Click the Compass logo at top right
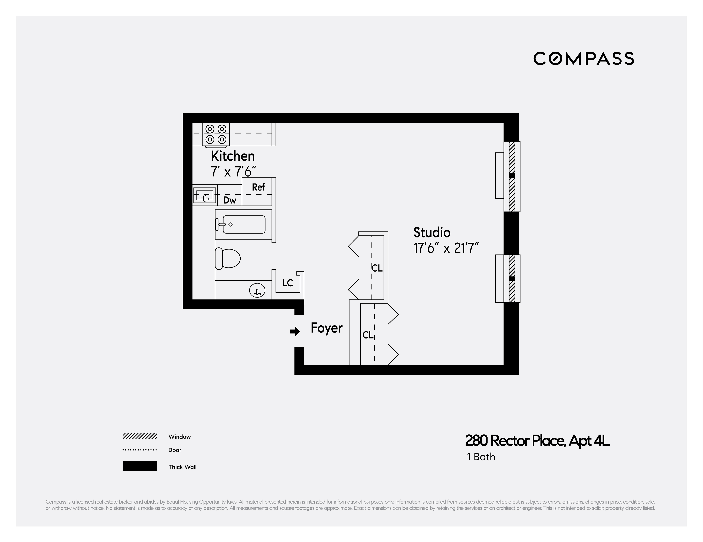point(583,59)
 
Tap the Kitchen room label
point(233,156)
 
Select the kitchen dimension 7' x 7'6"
point(233,172)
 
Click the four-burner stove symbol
point(216,134)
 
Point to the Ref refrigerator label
point(259,187)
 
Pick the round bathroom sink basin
point(257,291)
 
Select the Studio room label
point(432,232)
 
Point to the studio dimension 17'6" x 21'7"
point(446,248)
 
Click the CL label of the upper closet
point(377,268)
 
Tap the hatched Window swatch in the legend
point(140,436)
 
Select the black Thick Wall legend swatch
point(140,466)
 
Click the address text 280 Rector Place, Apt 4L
point(537,441)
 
